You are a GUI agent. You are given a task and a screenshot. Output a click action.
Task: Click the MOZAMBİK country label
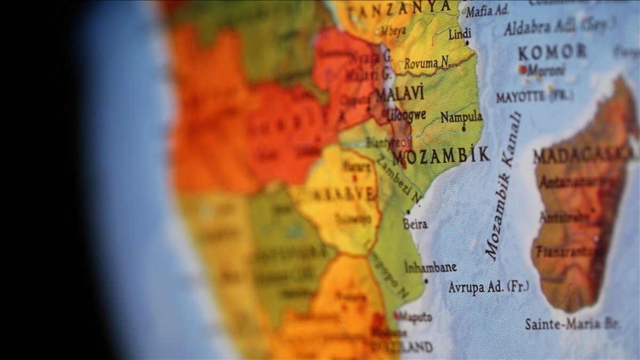click(441, 156)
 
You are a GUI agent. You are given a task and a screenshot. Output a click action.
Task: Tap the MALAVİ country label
click(399, 94)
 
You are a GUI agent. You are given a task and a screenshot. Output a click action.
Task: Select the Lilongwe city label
click(406, 115)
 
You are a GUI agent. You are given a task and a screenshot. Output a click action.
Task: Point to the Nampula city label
click(461, 117)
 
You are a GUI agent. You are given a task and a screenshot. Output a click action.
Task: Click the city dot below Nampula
click(463, 129)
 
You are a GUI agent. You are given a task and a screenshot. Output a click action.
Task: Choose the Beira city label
click(415, 224)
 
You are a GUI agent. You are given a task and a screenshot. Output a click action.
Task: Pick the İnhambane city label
click(430, 267)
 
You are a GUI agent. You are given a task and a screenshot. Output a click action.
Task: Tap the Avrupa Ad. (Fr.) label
click(489, 287)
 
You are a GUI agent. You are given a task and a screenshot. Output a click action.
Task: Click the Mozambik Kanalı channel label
click(503, 187)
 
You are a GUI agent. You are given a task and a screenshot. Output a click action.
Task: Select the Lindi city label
click(459, 34)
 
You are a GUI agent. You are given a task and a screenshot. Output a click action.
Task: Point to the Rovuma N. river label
click(427, 63)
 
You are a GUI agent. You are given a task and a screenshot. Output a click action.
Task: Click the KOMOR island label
click(553, 52)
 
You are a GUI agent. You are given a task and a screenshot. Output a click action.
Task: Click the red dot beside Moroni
click(523, 69)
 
